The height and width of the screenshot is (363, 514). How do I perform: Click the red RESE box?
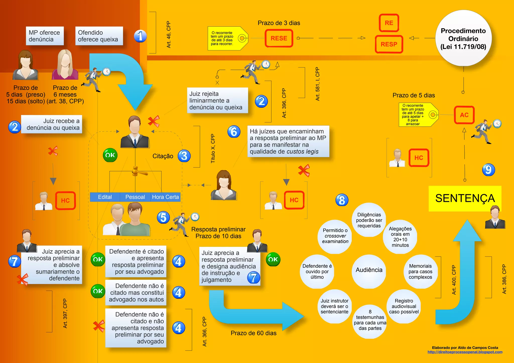click(x=279, y=38)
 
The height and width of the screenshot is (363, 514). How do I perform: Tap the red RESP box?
click(x=389, y=44)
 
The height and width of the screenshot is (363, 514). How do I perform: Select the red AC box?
click(x=464, y=115)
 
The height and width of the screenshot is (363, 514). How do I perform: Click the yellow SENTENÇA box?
click(x=465, y=198)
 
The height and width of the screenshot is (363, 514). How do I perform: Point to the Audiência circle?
click(x=369, y=270)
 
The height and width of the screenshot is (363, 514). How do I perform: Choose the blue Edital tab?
click(x=105, y=197)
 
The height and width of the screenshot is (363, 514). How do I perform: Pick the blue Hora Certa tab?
click(x=165, y=197)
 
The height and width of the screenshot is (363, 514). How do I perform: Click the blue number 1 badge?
click(x=140, y=36)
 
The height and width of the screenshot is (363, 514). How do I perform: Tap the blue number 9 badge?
click(x=488, y=170)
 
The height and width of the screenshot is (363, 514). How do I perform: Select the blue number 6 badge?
click(x=234, y=132)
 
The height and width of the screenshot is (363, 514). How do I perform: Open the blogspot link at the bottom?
click(x=465, y=352)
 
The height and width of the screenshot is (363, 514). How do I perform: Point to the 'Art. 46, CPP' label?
click(x=168, y=35)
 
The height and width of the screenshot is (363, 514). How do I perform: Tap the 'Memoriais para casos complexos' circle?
click(x=420, y=272)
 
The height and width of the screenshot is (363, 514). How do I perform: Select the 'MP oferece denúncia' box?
click(x=45, y=36)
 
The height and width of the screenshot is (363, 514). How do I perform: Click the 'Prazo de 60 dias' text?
click(x=253, y=333)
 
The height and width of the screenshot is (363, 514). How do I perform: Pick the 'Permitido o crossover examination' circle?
click(x=335, y=236)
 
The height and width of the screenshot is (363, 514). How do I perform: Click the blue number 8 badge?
click(x=342, y=200)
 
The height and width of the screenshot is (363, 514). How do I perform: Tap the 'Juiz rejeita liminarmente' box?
click(x=217, y=101)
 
